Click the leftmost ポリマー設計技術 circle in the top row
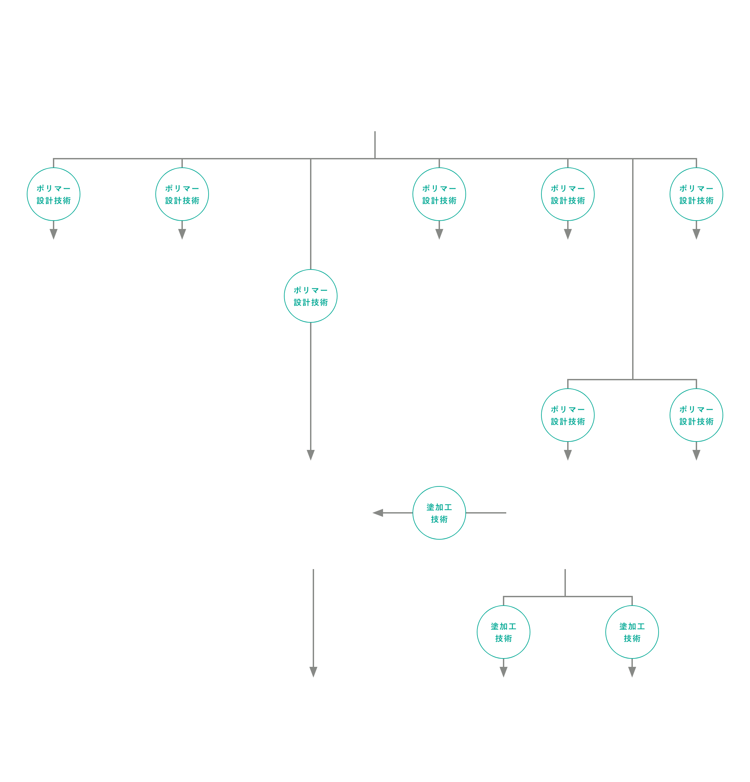tap(54, 194)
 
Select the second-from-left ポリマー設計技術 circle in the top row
tap(182, 194)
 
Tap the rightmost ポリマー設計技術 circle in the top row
tap(696, 194)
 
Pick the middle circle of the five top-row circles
tap(439, 194)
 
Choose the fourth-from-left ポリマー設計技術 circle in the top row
tap(568, 194)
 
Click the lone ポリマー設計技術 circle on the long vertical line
tap(310, 296)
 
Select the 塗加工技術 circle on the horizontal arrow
tap(439, 513)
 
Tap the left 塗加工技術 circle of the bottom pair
tap(503, 632)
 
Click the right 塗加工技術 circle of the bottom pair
tap(632, 632)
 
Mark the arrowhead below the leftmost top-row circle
tap(54, 234)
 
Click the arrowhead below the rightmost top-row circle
tap(696, 234)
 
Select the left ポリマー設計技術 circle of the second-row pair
tap(568, 415)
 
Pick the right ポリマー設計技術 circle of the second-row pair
tap(696, 415)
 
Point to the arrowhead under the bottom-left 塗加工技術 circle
tap(503, 672)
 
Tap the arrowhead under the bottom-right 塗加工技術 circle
tap(632, 672)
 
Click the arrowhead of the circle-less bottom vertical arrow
tap(313, 672)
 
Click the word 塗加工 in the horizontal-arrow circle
tap(439, 507)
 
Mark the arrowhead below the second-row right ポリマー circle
tap(696, 455)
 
